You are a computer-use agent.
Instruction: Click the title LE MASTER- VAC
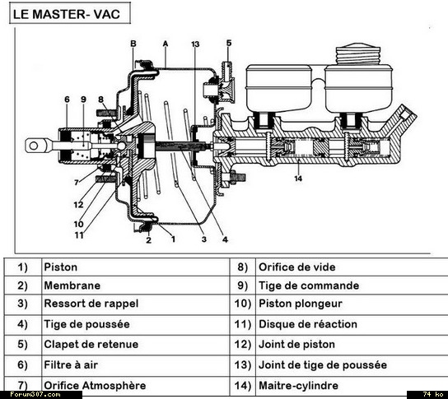(66, 14)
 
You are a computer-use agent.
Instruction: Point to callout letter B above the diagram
(133, 44)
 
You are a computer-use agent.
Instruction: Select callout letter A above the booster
(166, 44)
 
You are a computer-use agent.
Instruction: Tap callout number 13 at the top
(195, 44)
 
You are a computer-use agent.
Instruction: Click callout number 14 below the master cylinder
(298, 179)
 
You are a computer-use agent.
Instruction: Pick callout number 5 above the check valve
(229, 43)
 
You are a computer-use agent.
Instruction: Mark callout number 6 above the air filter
(67, 100)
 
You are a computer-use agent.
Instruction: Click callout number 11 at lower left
(79, 235)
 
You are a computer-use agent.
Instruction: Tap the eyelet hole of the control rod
(34, 146)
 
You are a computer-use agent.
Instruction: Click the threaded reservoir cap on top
(358, 54)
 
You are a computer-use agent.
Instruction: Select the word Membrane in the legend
(72, 285)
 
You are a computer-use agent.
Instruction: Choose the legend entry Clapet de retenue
(91, 344)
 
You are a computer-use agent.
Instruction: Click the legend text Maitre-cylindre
(299, 386)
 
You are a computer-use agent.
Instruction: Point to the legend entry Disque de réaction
(308, 324)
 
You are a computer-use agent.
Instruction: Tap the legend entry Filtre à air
(71, 364)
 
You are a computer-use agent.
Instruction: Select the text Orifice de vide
(297, 267)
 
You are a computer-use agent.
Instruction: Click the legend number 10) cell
(243, 304)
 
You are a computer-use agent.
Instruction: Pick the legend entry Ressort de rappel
(91, 304)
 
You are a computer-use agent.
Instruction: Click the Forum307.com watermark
(35, 395)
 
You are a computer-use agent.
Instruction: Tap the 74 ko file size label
(433, 395)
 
